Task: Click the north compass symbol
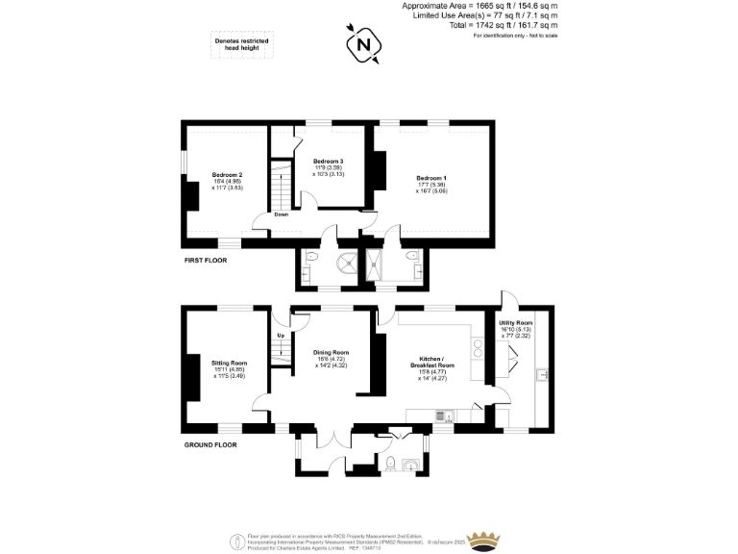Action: pos(363,44)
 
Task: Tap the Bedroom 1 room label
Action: pos(431,178)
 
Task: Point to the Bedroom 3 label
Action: pos(329,161)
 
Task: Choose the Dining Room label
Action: pos(331,352)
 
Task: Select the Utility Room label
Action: pos(516,322)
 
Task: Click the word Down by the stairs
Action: pos(281,214)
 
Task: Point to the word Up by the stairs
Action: pos(281,335)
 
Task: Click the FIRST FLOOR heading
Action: pos(205,261)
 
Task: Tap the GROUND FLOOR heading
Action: pos(209,445)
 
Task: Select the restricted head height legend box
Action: pos(241,45)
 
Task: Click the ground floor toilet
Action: pos(389,465)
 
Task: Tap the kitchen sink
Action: pos(448,415)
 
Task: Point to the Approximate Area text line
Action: pos(480,6)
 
